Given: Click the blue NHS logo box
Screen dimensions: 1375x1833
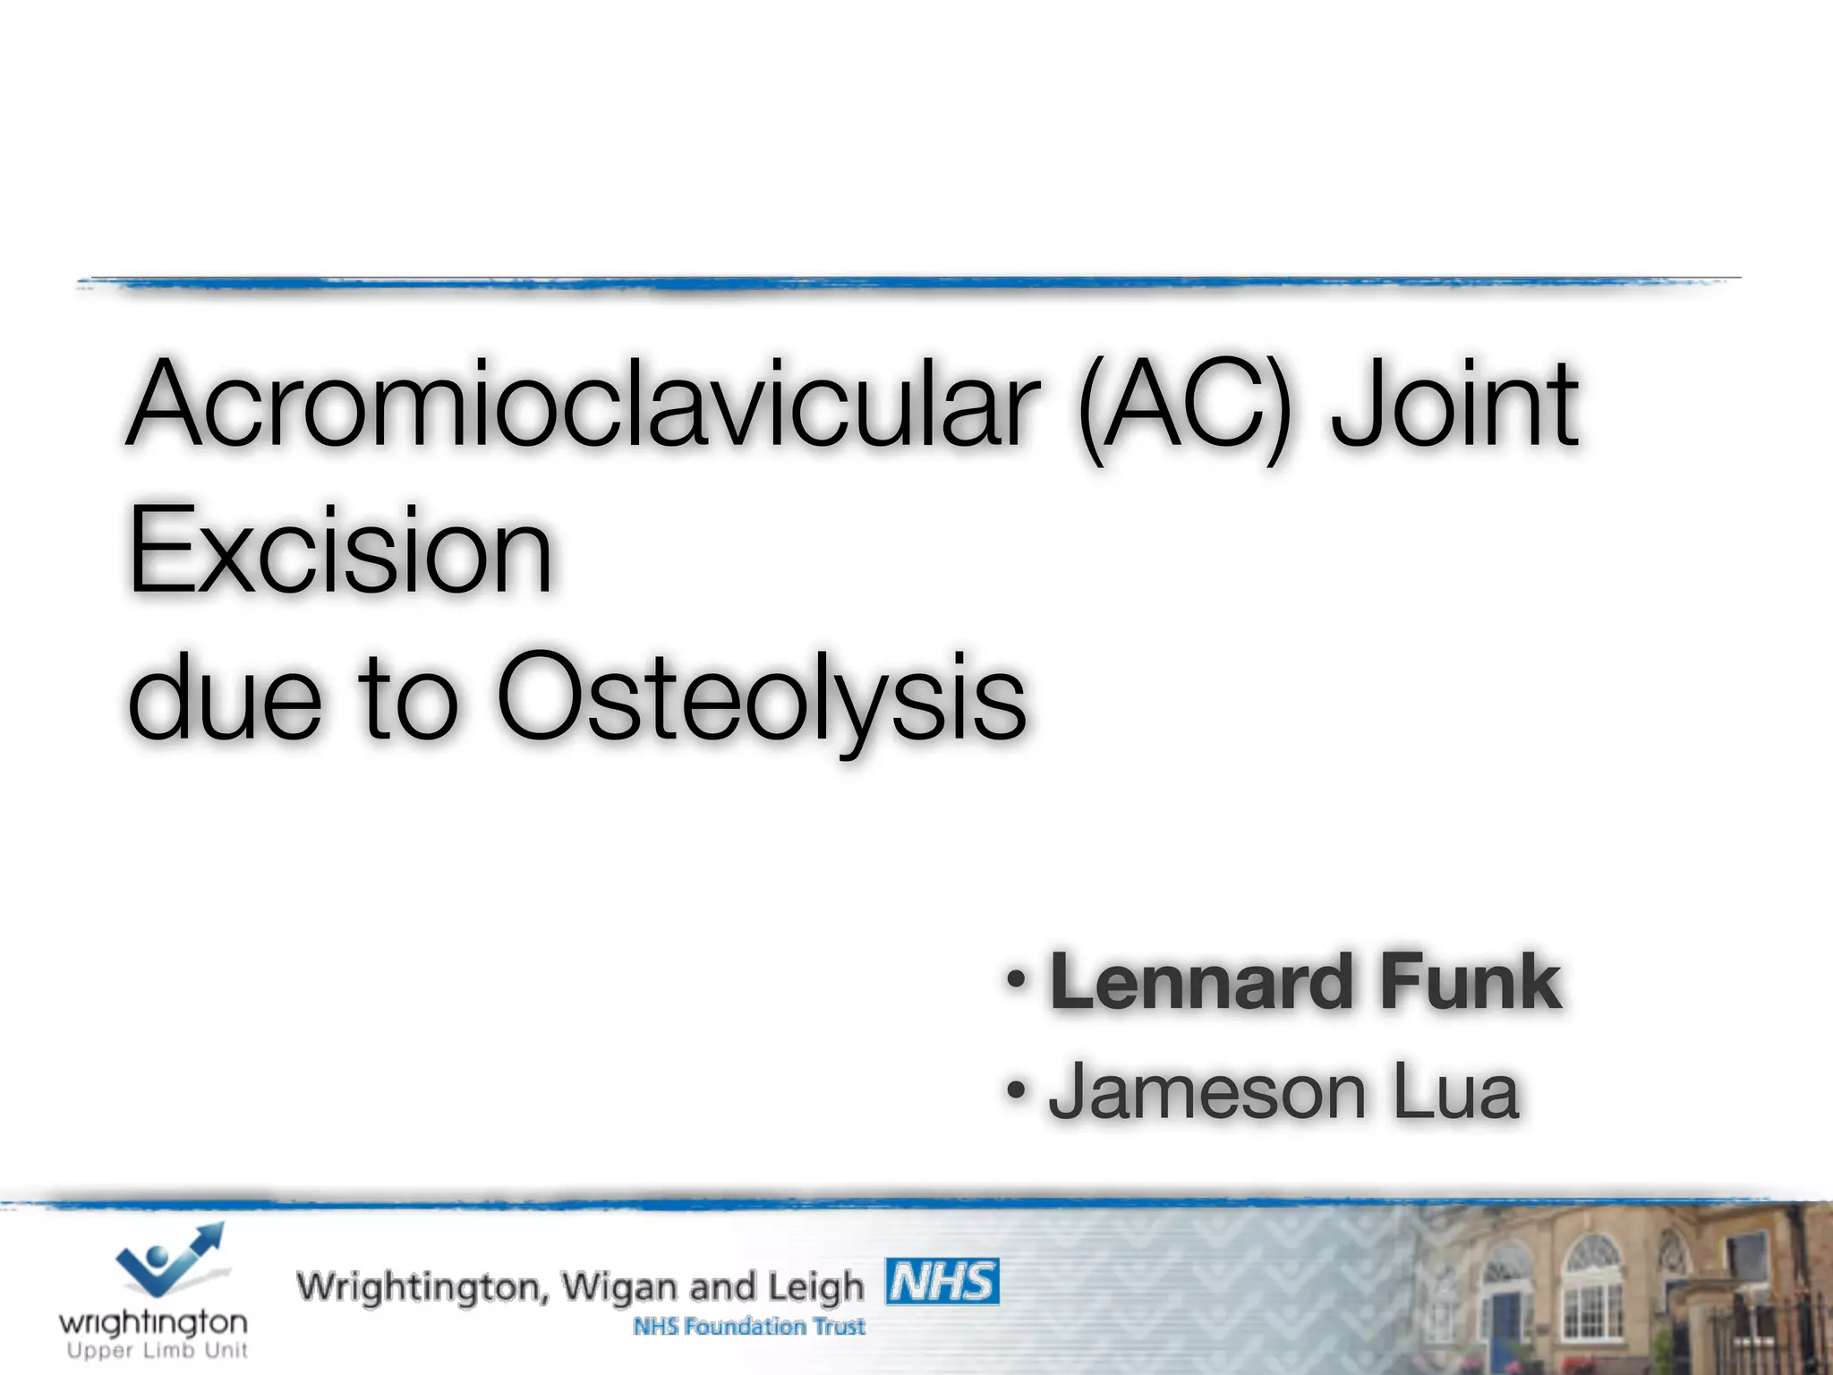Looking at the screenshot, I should pos(942,1282).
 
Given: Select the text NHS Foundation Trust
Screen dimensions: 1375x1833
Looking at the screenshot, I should pos(749,1327).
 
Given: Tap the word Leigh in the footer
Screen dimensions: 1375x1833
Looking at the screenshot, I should pos(815,1288).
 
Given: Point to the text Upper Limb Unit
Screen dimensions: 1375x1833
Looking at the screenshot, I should pos(157,1351).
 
